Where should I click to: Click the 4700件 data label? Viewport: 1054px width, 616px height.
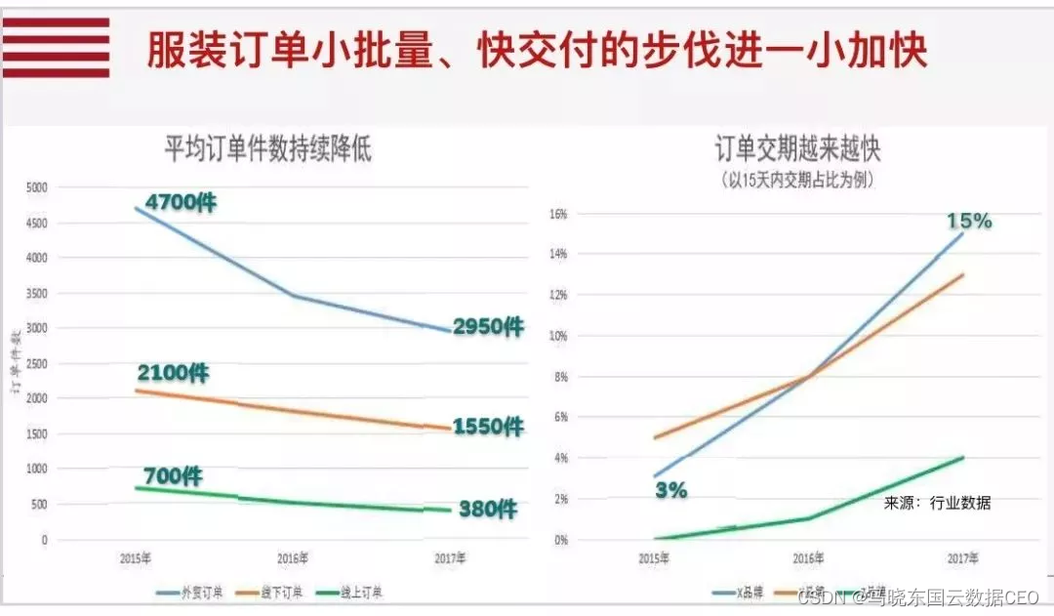(x=181, y=203)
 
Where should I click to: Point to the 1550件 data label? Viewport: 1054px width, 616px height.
(x=487, y=427)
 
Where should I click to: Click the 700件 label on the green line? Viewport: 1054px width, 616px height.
(x=173, y=476)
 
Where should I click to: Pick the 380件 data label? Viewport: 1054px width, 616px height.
(x=487, y=509)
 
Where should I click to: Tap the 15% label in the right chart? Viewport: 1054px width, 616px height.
(x=968, y=222)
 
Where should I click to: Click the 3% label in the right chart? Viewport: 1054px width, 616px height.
(x=670, y=490)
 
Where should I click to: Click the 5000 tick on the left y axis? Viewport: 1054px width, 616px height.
(x=36, y=187)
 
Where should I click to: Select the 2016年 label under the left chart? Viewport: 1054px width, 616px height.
(x=292, y=559)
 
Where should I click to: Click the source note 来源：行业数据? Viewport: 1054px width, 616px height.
(x=937, y=503)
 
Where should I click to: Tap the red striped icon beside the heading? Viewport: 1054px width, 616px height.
(x=56, y=47)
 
